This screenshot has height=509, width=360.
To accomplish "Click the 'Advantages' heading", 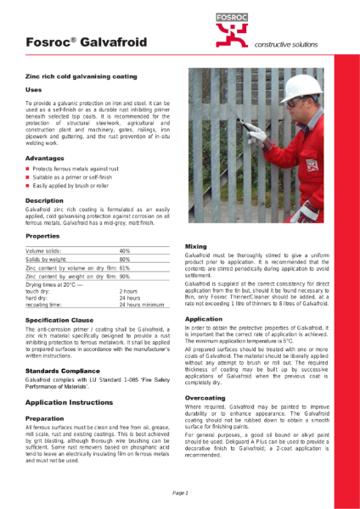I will tap(44, 158).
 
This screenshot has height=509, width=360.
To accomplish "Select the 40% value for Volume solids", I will tap(125, 252).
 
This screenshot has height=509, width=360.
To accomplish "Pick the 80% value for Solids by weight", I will tap(125, 260).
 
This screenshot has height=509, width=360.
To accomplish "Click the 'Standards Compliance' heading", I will tap(63, 371).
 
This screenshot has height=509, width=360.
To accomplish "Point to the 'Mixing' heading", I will tap(195, 246).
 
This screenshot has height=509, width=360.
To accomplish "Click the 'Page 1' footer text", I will tap(180, 493).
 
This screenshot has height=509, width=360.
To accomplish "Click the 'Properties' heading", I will tap(42, 235).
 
